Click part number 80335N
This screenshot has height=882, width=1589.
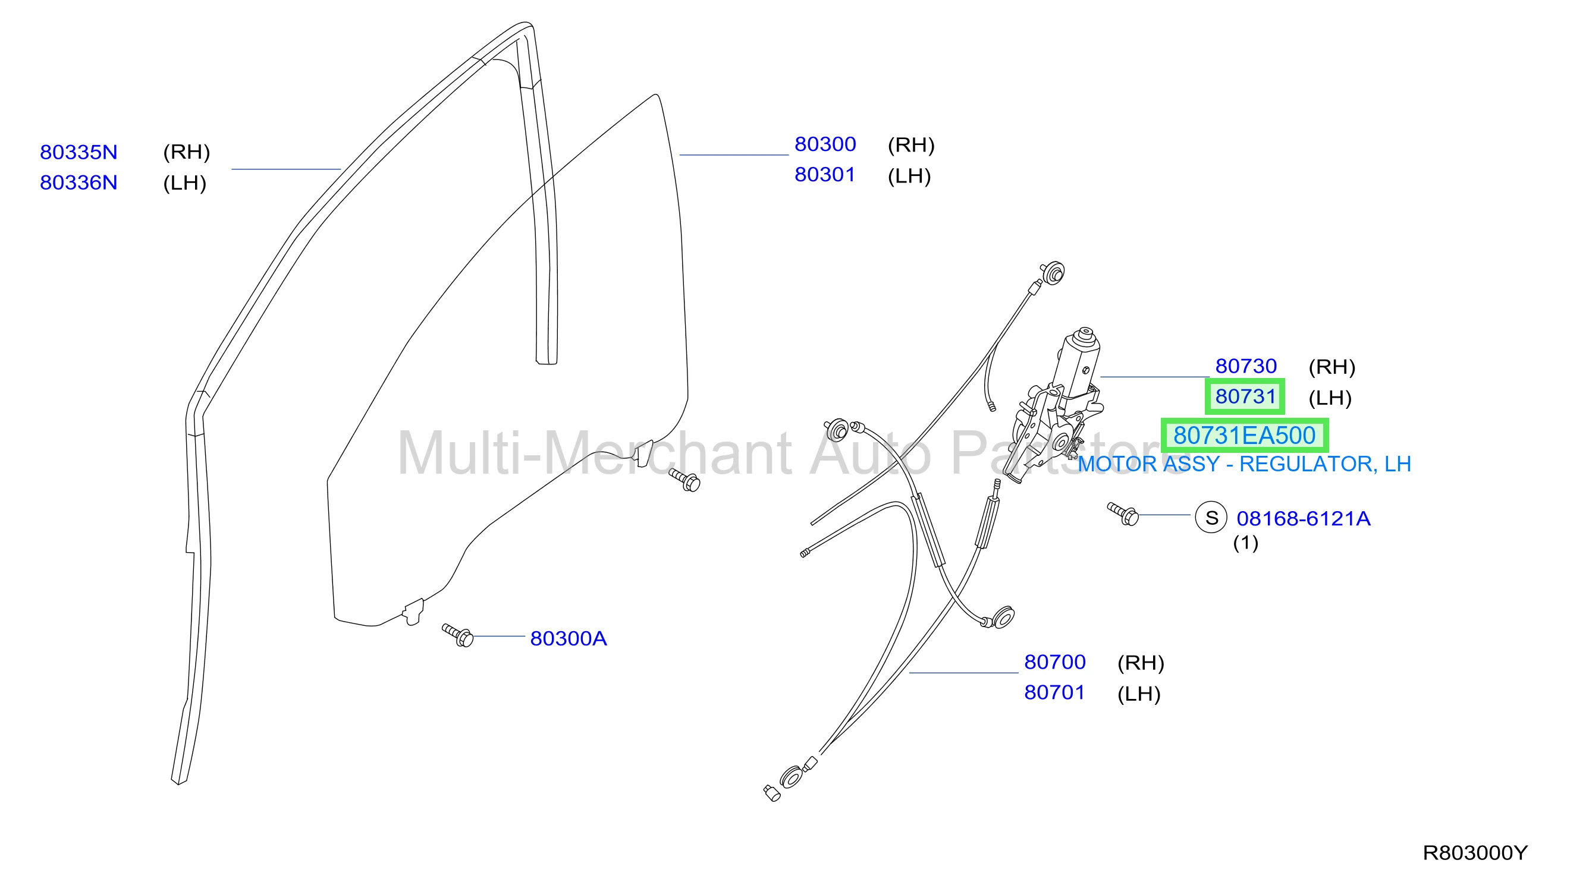[x=78, y=152]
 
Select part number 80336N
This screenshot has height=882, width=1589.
[x=78, y=183]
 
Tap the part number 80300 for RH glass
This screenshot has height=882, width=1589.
[x=825, y=144]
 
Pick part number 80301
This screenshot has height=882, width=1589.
[x=825, y=175]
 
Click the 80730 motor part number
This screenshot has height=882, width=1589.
[x=1245, y=366]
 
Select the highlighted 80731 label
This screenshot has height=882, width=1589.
[x=1245, y=396]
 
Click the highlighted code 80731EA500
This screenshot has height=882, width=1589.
[x=1244, y=436]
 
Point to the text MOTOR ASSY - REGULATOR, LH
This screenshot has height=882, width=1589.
[x=1244, y=464]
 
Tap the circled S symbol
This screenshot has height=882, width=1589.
[x=1211, y=518]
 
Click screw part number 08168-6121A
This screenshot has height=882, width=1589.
[x=1304, y=519]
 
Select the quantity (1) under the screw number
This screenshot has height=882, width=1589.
[x=1245, y=543]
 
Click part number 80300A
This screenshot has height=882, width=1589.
[x=568, y=638]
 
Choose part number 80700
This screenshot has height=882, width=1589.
[x=1055, y=662]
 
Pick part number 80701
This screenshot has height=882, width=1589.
[x=1055, y=693]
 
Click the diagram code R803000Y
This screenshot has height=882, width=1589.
[x=1475, y=853]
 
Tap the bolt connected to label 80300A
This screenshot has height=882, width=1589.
[x=458, y=635]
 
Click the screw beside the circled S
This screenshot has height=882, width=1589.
[x=1123, y=514]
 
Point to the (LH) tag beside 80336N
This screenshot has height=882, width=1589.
[x=184, y=184]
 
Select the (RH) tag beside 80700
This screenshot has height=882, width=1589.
[x=1141, y=663]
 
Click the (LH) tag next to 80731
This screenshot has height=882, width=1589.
[x=1330, y=398]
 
